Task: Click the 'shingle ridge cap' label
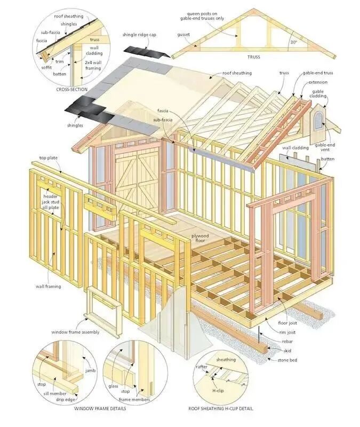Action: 139,35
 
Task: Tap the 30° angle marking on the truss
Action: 293,43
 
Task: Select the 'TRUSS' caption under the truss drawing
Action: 253,57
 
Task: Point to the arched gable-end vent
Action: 318,121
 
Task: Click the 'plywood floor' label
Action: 200,238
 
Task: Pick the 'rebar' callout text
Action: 287,341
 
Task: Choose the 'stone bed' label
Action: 287,360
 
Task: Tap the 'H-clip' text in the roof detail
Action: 218,391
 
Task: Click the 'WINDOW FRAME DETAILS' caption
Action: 100,408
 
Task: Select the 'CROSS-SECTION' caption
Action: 72,89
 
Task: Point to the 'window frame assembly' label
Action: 75,332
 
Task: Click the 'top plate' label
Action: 49,158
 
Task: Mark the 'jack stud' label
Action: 50,202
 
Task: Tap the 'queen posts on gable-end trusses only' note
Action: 202,16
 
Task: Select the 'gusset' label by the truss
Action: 183,35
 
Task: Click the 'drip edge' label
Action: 65,399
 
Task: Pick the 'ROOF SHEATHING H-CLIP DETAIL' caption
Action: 221,408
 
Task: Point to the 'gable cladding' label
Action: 318,94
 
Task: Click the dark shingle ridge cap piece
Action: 147,52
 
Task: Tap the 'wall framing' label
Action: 49,286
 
